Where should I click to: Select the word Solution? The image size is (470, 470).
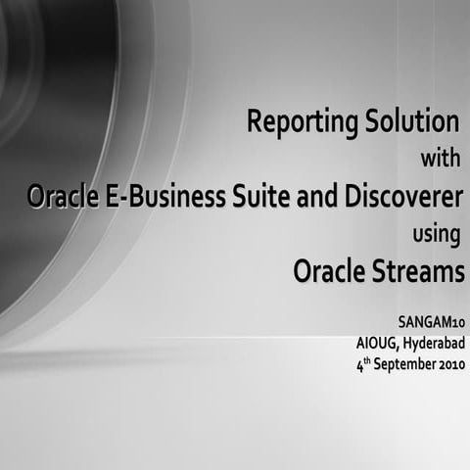tap(412, 123)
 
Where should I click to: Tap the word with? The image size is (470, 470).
tap(439, 158)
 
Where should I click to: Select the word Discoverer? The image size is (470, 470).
tap(402, 196)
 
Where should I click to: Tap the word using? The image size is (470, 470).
tap(438, 235)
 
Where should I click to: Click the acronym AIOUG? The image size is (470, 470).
tap(377, 342)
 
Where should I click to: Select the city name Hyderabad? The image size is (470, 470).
tap(433, 342)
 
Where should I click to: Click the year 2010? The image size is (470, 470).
tap(451, 363)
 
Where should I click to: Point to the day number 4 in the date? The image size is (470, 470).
tap(359, 363)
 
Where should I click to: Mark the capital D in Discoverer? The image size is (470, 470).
tap(350, 196)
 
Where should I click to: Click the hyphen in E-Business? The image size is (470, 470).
tap(120, 198)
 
